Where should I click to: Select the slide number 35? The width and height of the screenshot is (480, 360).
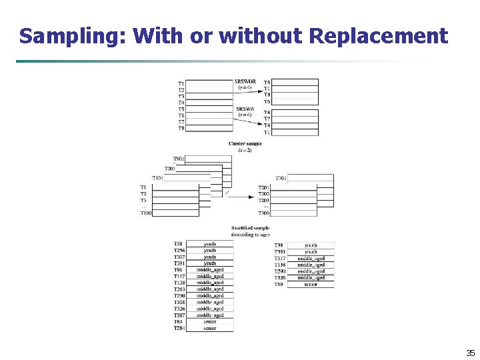pos(470,353)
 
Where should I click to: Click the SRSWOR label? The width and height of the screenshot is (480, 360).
pos(245,82)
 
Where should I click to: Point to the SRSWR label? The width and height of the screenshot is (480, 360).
pos(245,109)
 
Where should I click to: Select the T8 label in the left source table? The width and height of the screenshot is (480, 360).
pos(181,128)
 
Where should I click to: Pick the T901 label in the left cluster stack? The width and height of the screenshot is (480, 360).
pos(179,159)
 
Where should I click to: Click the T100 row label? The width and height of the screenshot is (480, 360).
pos(145,213)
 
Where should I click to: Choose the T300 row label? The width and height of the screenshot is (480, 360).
pos(264,213)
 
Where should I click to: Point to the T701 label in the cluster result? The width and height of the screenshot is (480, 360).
pos(281,179)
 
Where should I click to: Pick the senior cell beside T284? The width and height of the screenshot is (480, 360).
pos(210,328)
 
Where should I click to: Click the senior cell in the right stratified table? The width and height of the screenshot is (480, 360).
pos(311,284)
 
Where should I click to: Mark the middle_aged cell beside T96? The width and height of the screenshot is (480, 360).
pos(210,270)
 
